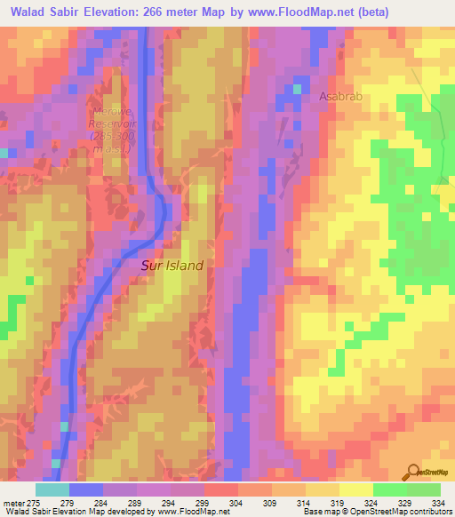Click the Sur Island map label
172,265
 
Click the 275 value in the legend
33,502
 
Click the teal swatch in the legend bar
52,489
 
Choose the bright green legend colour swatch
390,489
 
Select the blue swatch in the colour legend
86,489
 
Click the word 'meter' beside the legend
13,502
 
